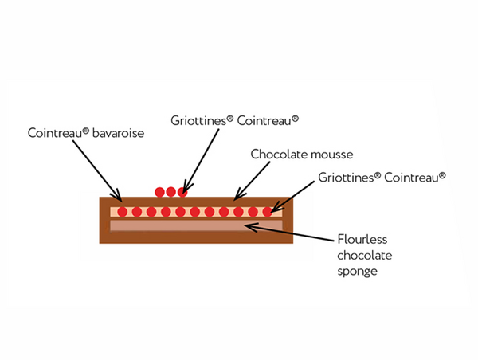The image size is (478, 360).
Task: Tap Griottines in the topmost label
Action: [x=199, y=120]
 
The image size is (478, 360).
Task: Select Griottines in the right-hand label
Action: [x=347, y=176]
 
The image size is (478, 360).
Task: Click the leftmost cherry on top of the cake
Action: [x=160, y=192]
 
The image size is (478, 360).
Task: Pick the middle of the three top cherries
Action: [x=170, y=192]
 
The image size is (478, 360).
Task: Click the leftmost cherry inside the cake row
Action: [x=122, y=213]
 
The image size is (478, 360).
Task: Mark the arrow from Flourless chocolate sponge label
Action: [x=287, y=231]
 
